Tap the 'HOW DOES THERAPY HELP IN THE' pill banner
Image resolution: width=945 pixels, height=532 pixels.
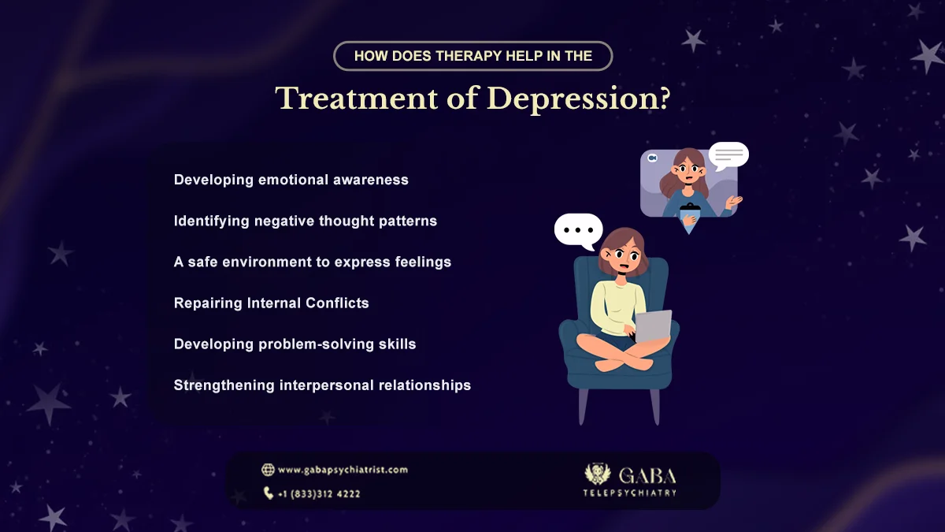[x=472, y=56]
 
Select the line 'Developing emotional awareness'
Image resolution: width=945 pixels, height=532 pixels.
[x=291, y=180]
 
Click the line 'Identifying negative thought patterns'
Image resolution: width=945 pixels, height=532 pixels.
[x=305, y=221]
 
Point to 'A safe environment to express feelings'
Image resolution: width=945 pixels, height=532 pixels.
[x=312, y=262]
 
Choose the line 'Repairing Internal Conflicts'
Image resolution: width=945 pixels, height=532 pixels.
[x=271, y=303]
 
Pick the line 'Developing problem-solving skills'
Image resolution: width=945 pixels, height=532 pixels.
[x=295, y=344]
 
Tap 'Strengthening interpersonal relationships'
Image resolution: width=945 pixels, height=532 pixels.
[x=322, y=385]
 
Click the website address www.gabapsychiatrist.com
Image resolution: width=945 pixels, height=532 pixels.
[x=343, y=470]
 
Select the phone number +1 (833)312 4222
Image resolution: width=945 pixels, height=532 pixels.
[x=319, y=494]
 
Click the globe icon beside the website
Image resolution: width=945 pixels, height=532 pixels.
[x=268, y=470]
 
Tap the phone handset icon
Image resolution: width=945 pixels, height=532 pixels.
[x=269, y=493]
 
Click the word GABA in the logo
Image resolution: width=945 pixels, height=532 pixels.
[x=647, y=475]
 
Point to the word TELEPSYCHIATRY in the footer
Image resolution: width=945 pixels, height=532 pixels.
[x=629, y=493]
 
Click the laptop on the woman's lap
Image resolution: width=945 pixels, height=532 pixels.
[x=653, y=326]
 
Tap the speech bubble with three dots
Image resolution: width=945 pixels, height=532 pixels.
[x=578, y=230]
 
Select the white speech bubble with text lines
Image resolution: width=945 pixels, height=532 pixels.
[x=728, y=154]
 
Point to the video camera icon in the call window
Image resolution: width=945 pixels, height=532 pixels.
[x=652, y=158]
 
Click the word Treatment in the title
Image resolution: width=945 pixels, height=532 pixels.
[x=368, y=99]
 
